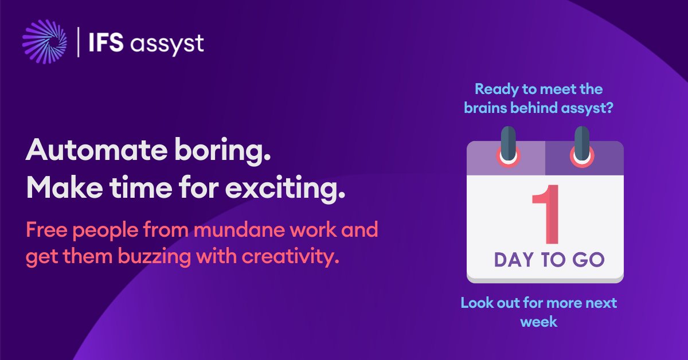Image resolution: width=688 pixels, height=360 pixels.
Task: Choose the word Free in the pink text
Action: coord(45,230)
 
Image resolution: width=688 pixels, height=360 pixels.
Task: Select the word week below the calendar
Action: coord(538,322)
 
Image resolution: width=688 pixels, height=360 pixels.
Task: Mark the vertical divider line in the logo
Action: coord(78,42)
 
